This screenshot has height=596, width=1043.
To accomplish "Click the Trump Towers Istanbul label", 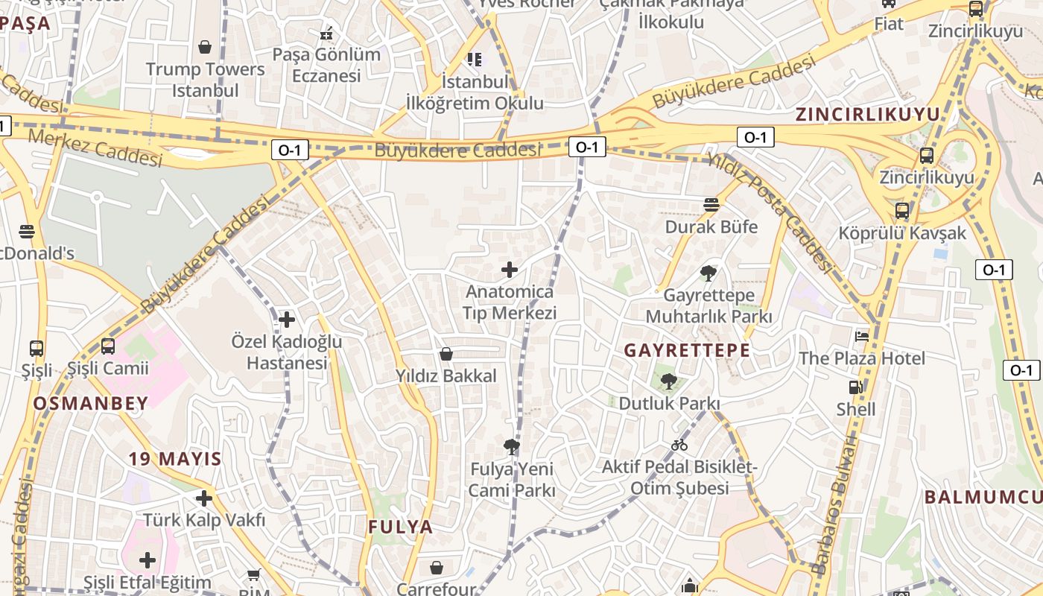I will coord(205,80).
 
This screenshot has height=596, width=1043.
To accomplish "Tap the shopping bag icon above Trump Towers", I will coord(205,48).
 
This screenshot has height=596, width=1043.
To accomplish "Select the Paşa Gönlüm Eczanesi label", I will coord(326,65).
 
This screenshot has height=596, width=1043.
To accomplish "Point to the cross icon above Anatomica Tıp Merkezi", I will coord(510,270).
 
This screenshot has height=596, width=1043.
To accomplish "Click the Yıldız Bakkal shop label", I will coord(446,375).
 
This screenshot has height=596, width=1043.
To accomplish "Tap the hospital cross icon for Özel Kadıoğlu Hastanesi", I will coord(287,320).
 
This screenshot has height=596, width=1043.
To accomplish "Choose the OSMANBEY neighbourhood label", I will coord(91,403).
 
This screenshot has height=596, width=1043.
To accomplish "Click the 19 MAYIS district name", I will coord(175,459).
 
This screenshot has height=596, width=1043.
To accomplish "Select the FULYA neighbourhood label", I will coord(400,527).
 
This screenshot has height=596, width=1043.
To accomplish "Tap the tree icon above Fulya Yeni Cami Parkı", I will coord(511,447).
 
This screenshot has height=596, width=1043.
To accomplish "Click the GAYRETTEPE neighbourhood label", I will coord(687,350).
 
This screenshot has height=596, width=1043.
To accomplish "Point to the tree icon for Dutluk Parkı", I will coord(669,382).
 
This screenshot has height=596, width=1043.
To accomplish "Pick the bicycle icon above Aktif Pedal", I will coord(679,446).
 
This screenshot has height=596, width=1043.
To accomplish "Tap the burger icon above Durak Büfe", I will coord(711,205).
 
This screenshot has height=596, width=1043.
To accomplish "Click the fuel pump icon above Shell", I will coord(855,387).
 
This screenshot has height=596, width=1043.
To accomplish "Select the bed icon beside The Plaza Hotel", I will coord(862,337).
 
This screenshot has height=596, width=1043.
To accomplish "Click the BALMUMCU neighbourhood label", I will coord(983,498).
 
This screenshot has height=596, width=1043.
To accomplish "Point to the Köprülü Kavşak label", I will coord(901,233).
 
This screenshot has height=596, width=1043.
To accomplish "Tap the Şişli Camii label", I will coord(108,368).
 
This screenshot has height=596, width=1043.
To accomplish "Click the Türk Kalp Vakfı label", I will coord(204,520).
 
